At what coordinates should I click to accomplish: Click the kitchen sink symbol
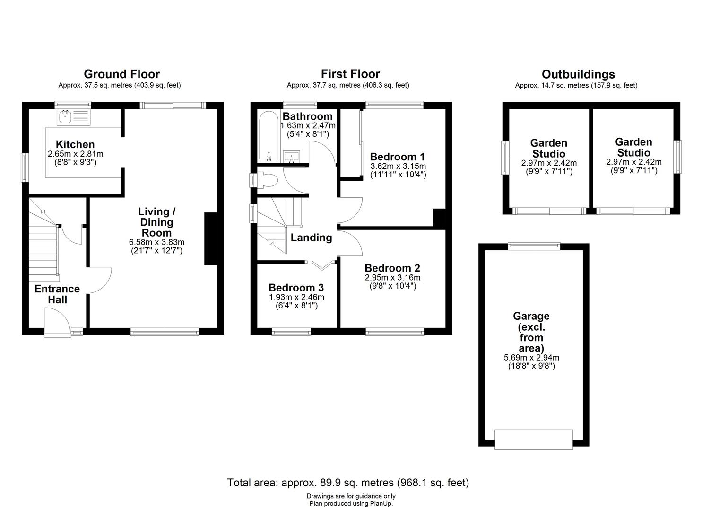74,118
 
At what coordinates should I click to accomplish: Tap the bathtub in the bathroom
269,136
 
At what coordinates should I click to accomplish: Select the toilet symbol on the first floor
267,181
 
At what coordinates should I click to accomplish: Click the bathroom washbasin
292,156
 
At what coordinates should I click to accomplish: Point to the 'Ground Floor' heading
122,74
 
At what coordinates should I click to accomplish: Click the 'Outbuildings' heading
578,74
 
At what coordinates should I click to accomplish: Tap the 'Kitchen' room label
75,144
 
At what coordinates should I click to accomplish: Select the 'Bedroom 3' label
296,288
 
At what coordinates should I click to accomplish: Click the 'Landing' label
311,238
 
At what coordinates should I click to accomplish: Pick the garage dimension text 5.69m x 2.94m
531,357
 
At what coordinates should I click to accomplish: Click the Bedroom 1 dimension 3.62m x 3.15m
398,166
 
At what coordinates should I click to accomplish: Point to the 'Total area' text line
348,483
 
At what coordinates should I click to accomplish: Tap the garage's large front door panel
534,440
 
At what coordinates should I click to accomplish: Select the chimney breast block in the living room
211,239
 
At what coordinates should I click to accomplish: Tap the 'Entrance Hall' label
57,294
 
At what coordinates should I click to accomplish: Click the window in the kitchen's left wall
25,167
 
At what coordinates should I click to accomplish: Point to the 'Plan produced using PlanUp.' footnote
351,504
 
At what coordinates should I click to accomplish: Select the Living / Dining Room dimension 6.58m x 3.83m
156,242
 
